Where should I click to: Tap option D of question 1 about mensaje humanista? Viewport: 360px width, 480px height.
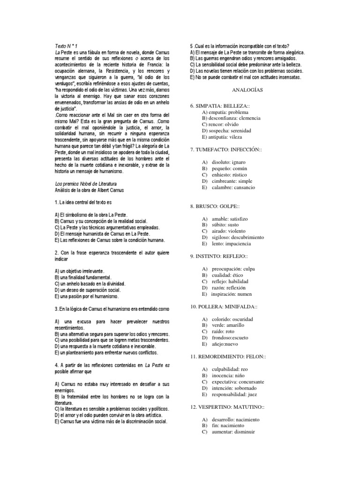pyautogui.click(x=109, y=233)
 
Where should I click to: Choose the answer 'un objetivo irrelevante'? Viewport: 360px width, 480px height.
pyautogui.click(x=79, y=271)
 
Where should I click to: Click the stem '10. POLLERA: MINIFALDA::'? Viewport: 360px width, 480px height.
pyautogui.click(x=224, y=306)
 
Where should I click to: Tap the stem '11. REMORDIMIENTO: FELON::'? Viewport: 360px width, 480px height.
pyautogui.click(x=228, y=357)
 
